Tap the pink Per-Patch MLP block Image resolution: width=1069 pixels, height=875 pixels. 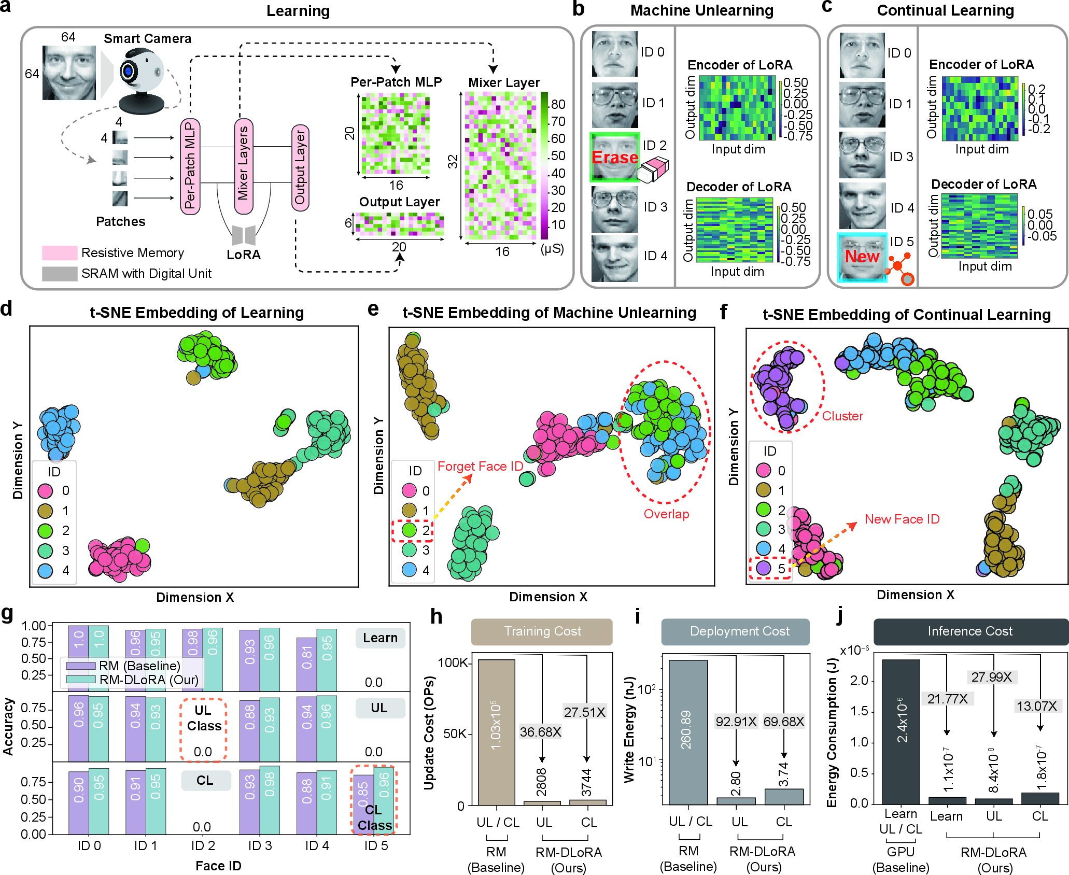pyautogui.click(x=190, y=166)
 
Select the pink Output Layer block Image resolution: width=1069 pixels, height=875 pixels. pyautogui.click(x=300, y=167)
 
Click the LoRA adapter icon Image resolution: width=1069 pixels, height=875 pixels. pyautogui.click(x=244, y=235)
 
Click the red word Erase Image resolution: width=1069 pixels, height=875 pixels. pyautogui.click(x=615, y=157)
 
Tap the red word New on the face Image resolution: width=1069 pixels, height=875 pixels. pyautogui.click(x=862, y=256)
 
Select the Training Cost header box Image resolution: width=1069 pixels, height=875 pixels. pyautogui.click(x=542, y=631)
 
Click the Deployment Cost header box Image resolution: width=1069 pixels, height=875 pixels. pyautogui.click(x=735, y=631)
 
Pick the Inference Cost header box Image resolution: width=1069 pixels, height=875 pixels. pyautogui.click(x=970, y=631)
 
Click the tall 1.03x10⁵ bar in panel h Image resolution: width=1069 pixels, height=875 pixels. pyautogui.click(x=497, y=732)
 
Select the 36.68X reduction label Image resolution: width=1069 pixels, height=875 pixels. pyautogui.click(x=541, y=732)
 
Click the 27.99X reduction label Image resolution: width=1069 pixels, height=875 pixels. pyautogui.click(x=991, y=677)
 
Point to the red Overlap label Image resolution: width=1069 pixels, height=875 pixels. pyautogui.click(x=667, y=514)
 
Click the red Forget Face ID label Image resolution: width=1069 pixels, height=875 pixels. pyautogui.click(x=481, y=466)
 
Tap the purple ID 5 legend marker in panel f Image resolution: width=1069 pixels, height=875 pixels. pyautogui.click(x=763, y=568)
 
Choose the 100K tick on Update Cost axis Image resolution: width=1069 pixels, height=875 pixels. pyautogui.click(x=455, y=662)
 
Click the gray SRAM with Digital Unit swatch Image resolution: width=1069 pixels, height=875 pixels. pyautogui.click(x=60, y=274)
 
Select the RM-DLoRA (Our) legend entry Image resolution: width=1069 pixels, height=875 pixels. pyautogui.click(x=133, y=679)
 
